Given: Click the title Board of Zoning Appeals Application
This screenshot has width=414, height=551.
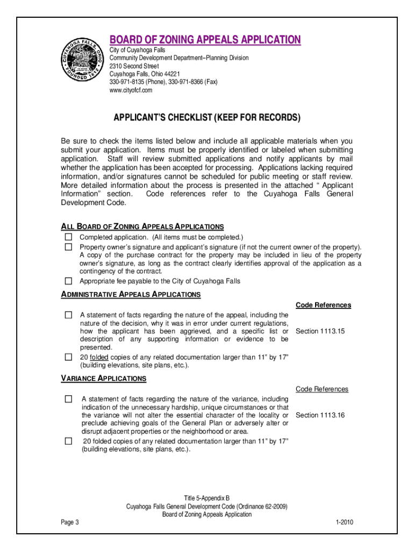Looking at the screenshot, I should click(x=205, y=40).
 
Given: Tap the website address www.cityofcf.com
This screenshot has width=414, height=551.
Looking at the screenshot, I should click(x=131, y=90).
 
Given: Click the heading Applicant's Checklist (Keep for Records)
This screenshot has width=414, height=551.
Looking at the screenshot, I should click(x=206, y=117).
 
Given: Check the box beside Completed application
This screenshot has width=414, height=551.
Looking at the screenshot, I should click(x=68, y=237).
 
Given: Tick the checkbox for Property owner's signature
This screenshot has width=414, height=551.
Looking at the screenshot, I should click(x=68, y=246).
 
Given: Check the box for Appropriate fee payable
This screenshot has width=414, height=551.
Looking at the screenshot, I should click(x=68, y=281).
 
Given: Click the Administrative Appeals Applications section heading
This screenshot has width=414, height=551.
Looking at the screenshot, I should click(x=131, y=294).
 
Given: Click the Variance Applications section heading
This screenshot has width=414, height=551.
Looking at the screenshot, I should click(x=103, y=378).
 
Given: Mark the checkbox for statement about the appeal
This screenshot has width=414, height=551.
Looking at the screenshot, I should click(x=68, y=315).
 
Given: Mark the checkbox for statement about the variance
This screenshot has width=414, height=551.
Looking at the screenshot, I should click(x=68, y=399).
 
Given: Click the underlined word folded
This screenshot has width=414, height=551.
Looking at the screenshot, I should click(x=98, y=357).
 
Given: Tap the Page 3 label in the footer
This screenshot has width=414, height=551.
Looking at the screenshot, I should click(x=70, y=522).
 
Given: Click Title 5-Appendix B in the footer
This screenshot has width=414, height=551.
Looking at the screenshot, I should click(x=206, y=498).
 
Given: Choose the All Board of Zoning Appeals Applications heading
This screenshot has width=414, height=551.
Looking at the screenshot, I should click(x=142, y=227).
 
